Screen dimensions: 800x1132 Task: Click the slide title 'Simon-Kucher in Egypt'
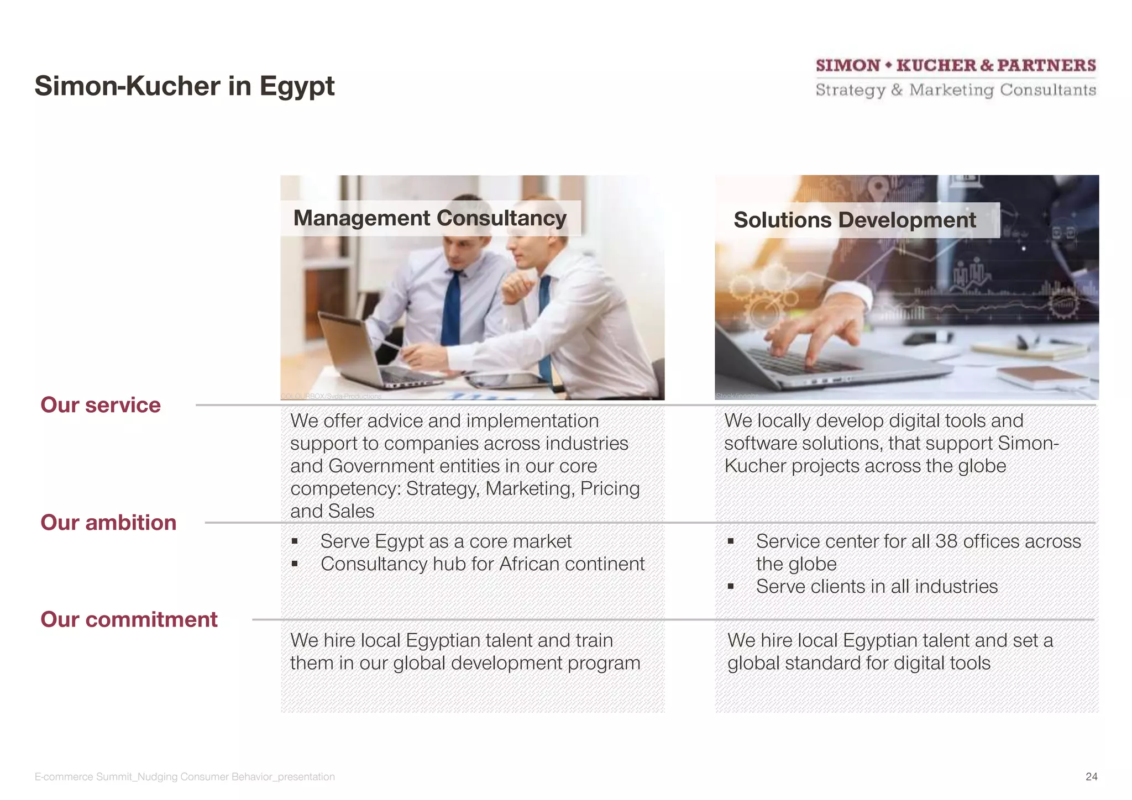pyautogui.click(x=184, y=86)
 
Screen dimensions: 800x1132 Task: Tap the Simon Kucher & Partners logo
pyautogui.click(x=956, y=66)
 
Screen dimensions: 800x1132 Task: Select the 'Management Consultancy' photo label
pyautogui.click(x=429, y=218)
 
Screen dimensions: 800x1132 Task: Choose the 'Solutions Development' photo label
pyautogui.click(x=855, y=220)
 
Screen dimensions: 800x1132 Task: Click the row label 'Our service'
pyautogui.click(x=101, y=405)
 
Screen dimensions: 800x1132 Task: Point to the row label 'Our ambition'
pyautogui.click(x=108, y=523)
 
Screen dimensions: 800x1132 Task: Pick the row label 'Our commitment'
pyautogui.click(x=129, y=619)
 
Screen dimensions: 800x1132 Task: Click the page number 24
pyautogui.click(x=1091, y=776)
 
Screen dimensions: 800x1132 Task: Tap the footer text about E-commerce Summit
pyautogui.click(x=185, y=776)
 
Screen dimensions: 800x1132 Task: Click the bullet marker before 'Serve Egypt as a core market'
pyautogui.click(x=295, y=541)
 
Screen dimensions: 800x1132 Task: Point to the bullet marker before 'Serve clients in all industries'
pyautogui.click(x=731, y=587)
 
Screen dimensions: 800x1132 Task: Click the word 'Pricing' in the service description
pyautogui.click(x=610, y=489)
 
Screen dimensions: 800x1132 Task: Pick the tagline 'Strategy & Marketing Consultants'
pyautogui.click(x=956, y=90)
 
